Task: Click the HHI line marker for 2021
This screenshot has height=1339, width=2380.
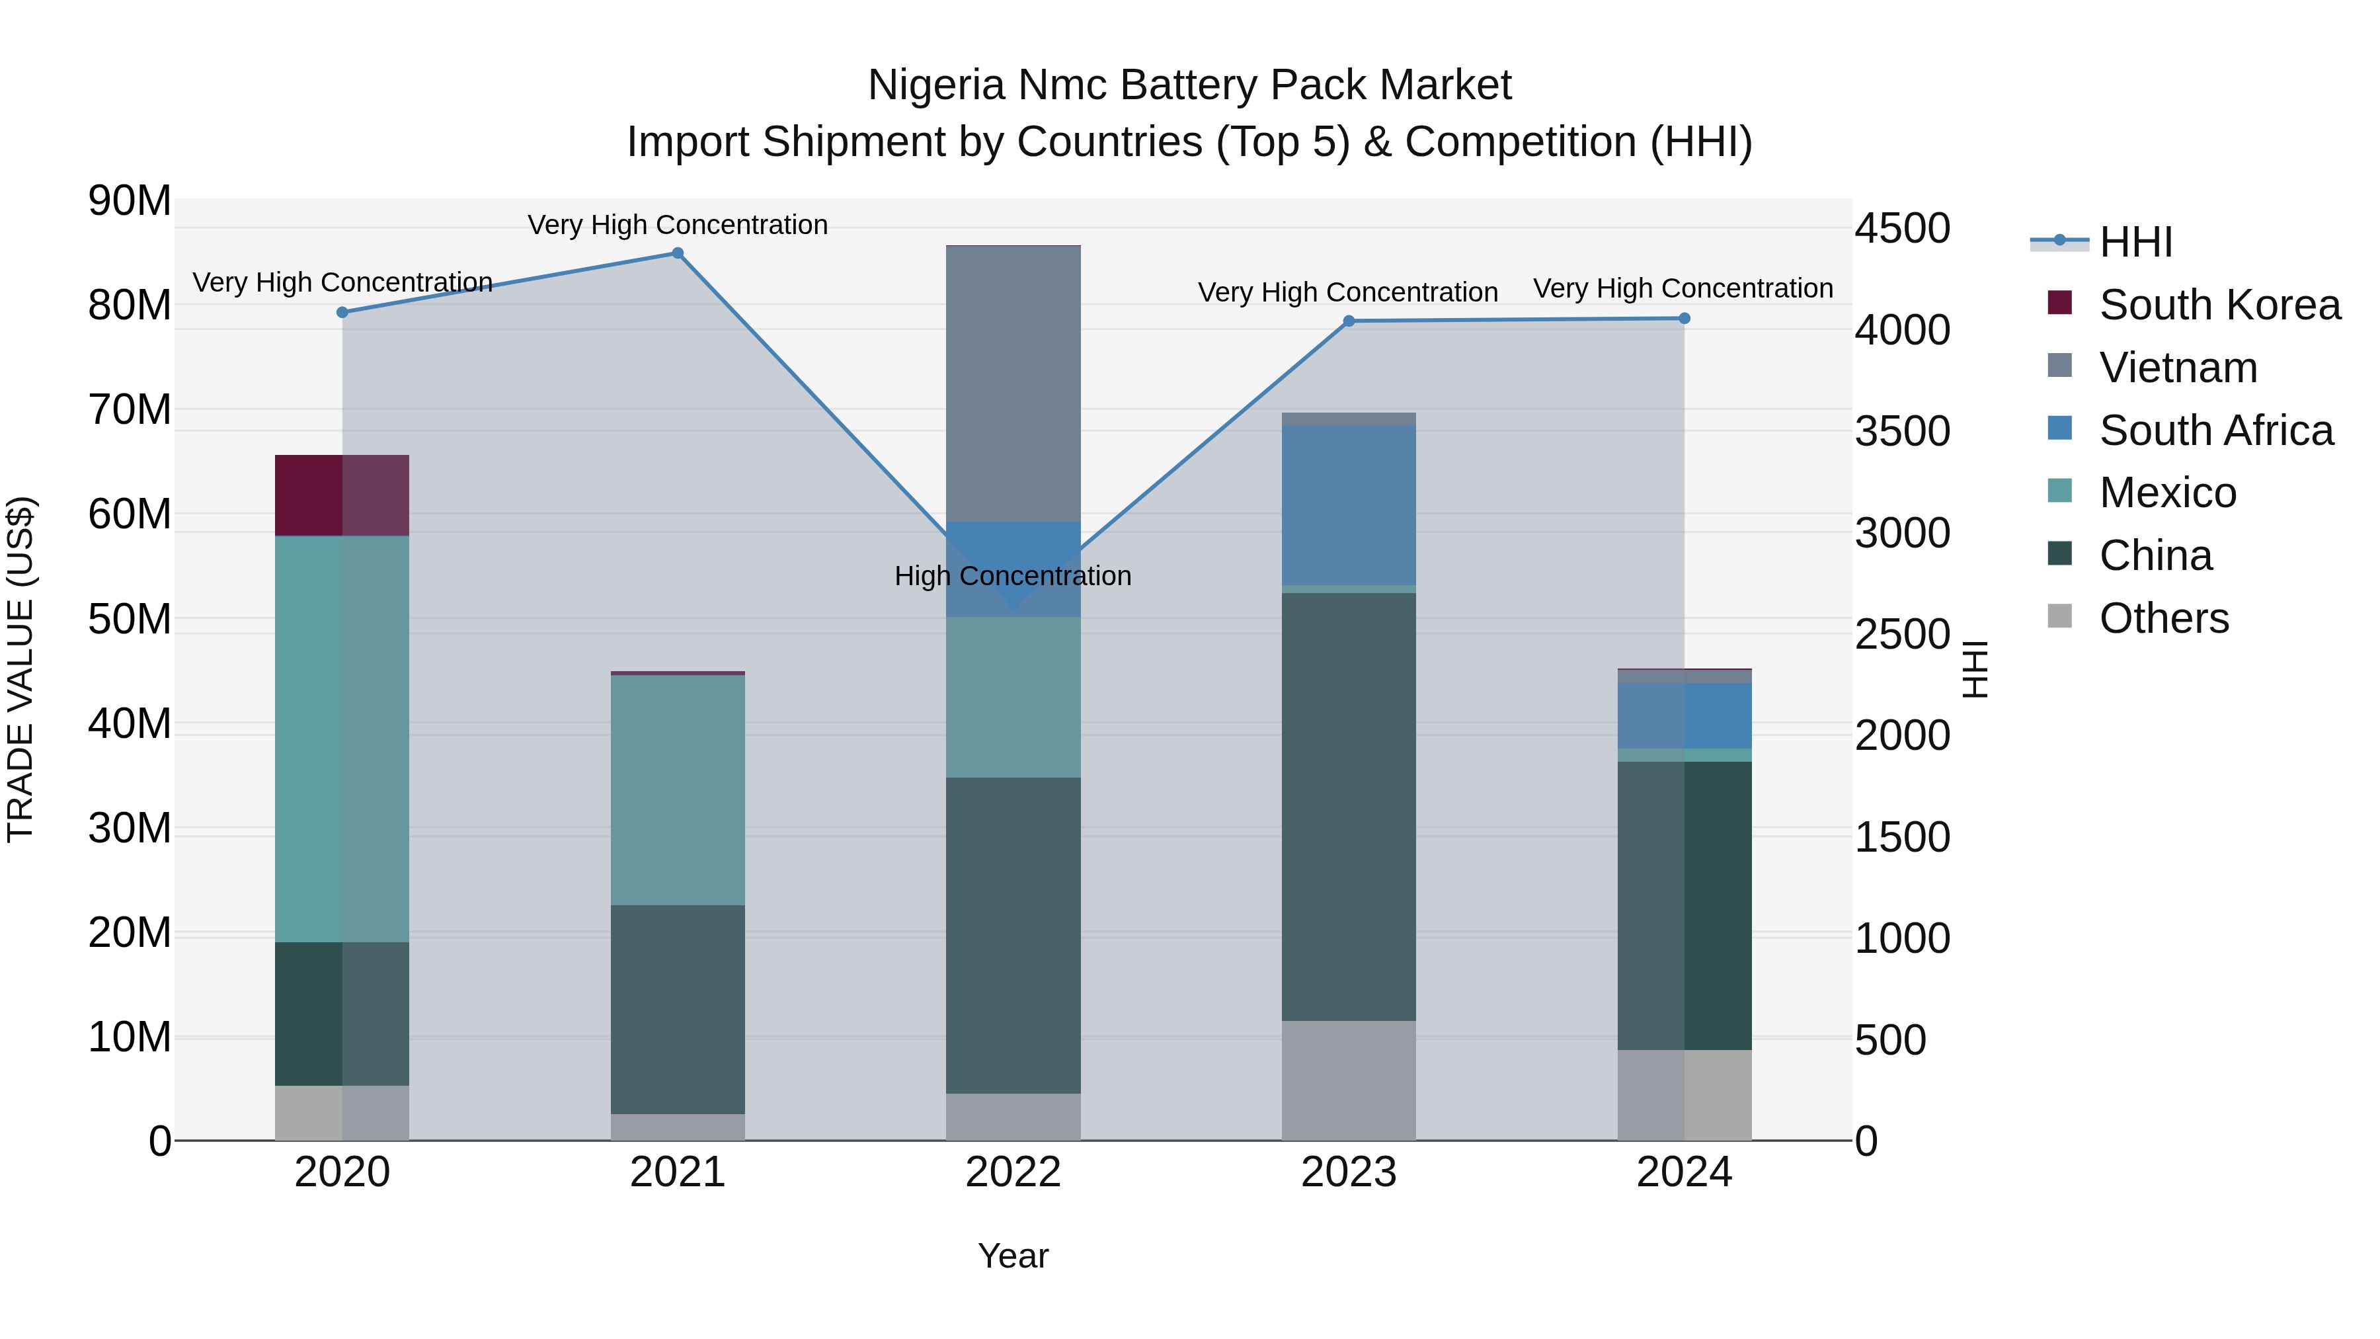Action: [677, 253]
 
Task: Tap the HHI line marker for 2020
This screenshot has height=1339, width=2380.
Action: [342, 312]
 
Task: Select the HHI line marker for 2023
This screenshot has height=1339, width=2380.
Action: [1348, 321]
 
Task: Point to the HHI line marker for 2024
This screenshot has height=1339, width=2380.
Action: [1683, 319]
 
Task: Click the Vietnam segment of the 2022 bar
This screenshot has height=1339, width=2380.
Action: [1013, 384]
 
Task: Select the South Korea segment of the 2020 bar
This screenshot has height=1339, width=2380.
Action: [342, 495]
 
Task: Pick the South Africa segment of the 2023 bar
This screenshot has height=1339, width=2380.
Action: [1348, 505]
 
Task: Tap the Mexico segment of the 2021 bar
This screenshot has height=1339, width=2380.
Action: [677, 790]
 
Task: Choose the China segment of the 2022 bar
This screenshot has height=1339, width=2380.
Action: [1013, 935]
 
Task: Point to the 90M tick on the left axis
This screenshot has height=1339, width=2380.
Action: [130, 200]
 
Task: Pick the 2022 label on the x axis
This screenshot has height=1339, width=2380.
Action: [1013, 1172]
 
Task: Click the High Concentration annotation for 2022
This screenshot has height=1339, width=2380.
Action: [1013, 576]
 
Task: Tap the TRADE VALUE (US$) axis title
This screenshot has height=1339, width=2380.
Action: [20, 669]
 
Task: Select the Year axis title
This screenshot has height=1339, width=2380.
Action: [1013, 1256]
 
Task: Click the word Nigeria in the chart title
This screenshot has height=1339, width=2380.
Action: [936, 85]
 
